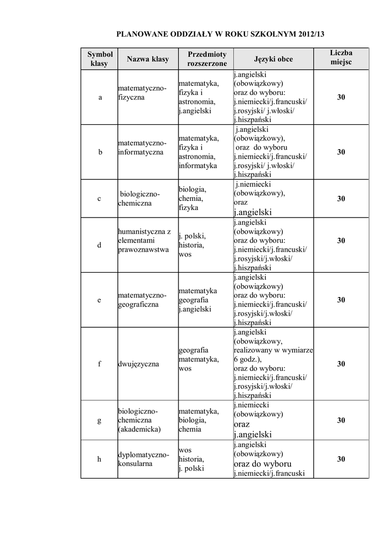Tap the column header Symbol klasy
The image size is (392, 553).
[99, 59]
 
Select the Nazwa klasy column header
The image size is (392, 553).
[148, 59]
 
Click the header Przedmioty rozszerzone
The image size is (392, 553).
[207, 59]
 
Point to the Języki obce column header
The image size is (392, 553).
[273, 59]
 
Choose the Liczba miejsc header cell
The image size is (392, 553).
[341, 58]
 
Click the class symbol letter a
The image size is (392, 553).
[99, 98]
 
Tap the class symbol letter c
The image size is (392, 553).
[99, 199]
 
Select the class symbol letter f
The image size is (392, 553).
[99, 364]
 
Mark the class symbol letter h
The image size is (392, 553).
[99, 459]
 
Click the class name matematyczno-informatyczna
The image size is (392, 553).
[142, 147]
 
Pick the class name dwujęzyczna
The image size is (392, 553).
[138, 364]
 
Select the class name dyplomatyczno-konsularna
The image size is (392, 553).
[144, 459]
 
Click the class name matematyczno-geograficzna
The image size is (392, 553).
[142, 300]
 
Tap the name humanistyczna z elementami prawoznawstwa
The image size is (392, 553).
[144, 240]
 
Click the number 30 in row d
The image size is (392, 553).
[341, 240]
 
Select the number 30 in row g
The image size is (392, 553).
[341, 420]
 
